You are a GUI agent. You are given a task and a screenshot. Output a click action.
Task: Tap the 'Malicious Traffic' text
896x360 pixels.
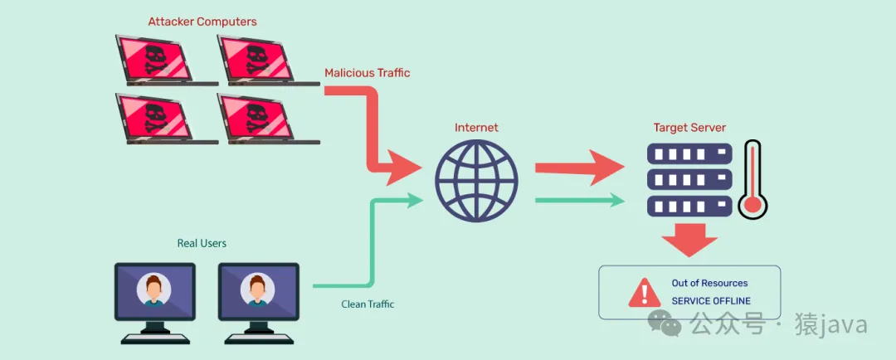[x=367, y=73]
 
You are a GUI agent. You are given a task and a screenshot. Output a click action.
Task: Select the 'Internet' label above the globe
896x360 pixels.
[x=476, y=128]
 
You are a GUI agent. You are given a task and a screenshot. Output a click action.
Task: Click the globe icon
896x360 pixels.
[x=476, y=180]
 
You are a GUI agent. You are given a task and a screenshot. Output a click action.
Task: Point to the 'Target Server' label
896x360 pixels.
[x=689, y=128]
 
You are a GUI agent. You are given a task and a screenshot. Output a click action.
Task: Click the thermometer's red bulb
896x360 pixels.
[x=752, y=204]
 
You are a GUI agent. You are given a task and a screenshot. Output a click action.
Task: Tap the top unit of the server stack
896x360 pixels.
[x=689, y=154]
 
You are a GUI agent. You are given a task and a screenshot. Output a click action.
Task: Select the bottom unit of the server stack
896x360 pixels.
[x=689, y=205]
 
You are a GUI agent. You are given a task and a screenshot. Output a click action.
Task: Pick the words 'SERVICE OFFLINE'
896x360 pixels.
[x=711, y=301]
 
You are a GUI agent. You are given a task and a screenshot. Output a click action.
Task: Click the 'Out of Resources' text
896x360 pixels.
[x=709, y=283]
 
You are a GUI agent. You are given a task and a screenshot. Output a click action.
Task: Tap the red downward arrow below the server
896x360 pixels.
[x=689, y=241]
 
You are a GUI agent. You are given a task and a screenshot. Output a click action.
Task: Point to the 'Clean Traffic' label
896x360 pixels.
[x=368, y=304]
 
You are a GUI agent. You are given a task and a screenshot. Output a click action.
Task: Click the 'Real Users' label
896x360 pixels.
[x=202, y=243]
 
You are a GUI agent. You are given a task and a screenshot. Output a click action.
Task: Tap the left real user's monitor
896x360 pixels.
[x=154, y=290]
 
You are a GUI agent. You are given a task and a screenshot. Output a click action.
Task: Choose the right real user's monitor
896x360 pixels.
[x=257, y=290]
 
